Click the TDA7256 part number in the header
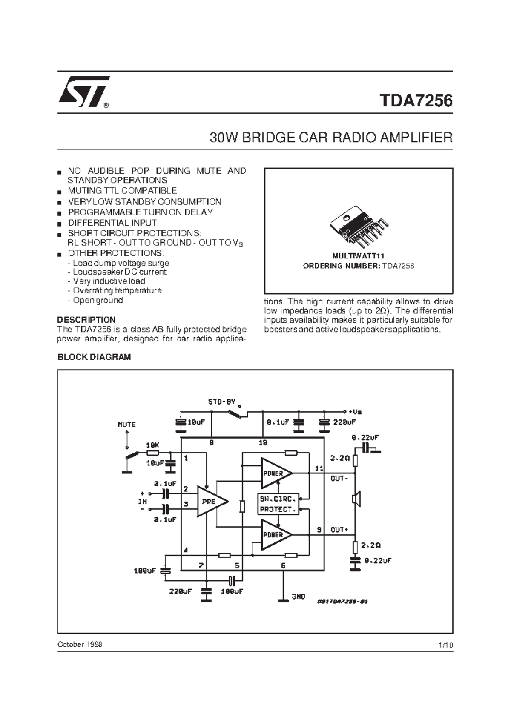[x=416, y=101]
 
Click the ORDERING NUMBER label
[x=341, y=266]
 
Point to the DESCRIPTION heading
[x=86, y=320]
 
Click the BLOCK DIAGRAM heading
[x=94, y=357]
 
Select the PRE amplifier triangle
[x=210, y=502]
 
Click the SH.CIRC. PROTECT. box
[x=278, y=504]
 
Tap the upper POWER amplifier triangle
[x=275, y=473]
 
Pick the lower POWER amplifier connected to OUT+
[x=275, y=534]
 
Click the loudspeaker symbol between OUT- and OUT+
[x=356, y=499]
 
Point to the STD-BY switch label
[x=222, y=402]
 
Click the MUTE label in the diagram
[x=126, y=425]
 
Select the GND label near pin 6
[x=299, y=597]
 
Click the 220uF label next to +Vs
[x=344, y=422]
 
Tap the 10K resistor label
[x=152, y=445]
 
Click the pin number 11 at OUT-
[x=319, y=468]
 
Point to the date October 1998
[x=80, y=644]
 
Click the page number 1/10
[x=445, y=645]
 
